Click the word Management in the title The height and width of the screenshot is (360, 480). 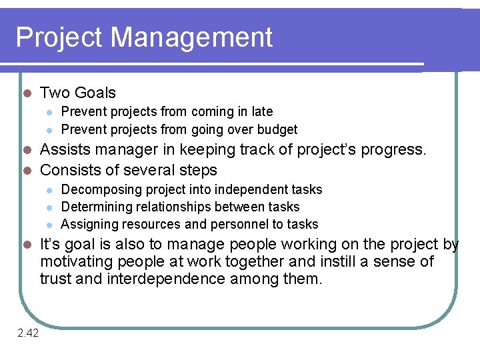pos(191,37)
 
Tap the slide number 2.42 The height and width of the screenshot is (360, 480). pos(28,333)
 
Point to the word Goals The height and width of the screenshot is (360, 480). pos(95,93)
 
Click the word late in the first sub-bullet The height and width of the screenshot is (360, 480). pos(261,111)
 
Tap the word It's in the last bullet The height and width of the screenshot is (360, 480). pos(51,244)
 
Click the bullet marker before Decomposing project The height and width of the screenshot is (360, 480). pos(49,191)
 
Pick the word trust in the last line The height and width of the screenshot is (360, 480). pos(56,279)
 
